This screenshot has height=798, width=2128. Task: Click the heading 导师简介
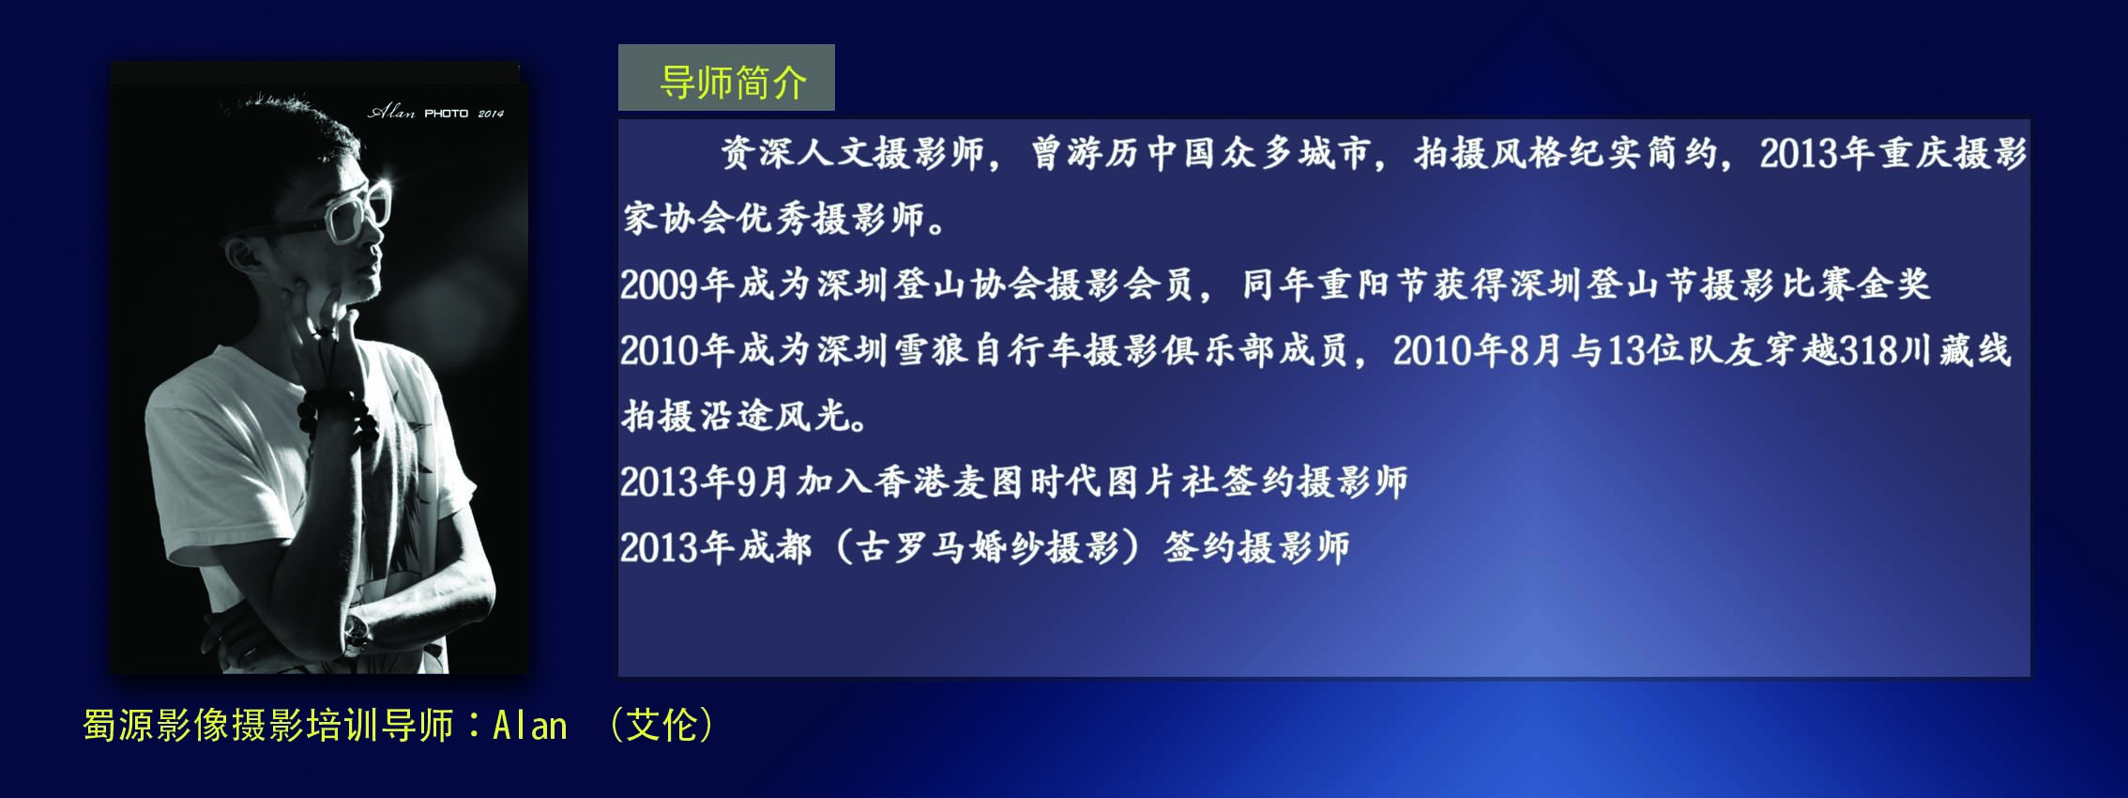click(733, 83)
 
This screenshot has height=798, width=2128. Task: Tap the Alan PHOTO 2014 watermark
click(436, 113)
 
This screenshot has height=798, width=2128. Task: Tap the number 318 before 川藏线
click(1868, 350)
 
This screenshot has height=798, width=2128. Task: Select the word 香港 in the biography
click(912, 483)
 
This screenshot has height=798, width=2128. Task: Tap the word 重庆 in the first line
click(1914, 153)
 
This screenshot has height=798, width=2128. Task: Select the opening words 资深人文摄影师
click(853, 153)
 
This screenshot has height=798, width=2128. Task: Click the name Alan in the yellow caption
click(530, 726)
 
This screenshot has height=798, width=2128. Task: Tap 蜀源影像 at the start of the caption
click(156, 725)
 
